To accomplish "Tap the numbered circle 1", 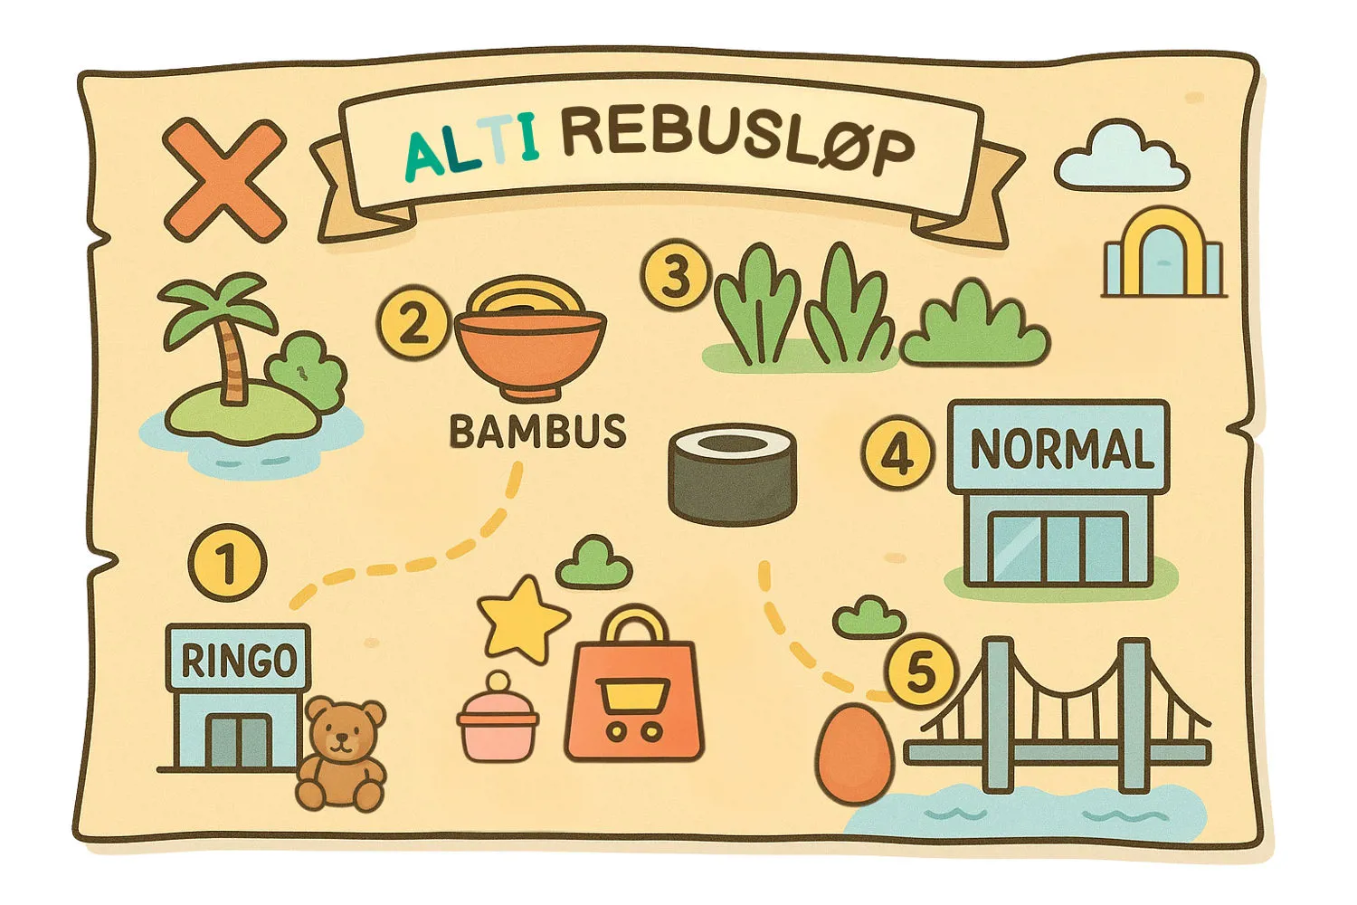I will (x=227, y=563).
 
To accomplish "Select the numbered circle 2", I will (x=413, y=322).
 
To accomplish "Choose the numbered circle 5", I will (x=920, y=672).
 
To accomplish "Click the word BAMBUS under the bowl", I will (x=537, y=432).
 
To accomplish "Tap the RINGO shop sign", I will (x=239, y=660).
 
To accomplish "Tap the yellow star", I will (x=522, y=617).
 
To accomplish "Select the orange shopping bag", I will (x=633, y=692).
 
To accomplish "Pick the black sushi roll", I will (x=733, y=474).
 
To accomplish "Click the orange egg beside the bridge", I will (x=854, y=753).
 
